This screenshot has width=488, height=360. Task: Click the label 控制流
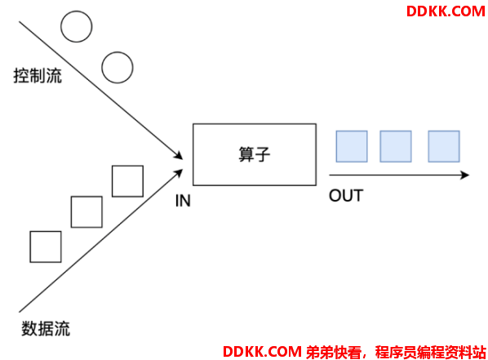(x=38, y=76)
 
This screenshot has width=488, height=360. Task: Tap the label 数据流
(x=46, y=328)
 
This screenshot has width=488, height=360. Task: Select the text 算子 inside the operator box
(x=255, y=154)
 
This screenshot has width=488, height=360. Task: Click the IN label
(x=183, y=201)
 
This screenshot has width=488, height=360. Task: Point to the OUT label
(x=346, y=196)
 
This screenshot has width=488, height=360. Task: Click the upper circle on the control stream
(x=76, y=26)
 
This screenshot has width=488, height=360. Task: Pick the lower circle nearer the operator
(x=118, y=68)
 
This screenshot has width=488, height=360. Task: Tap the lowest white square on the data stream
(x=46, y=247)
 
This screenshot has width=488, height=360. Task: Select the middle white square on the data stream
(x=87, y=211)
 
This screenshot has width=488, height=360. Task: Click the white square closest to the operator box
(x=127, y=181)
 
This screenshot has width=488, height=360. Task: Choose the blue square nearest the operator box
(x=352, y=146)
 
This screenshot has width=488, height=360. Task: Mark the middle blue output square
(x=396, y=146)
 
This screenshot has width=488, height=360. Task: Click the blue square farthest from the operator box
(x=444, y=146)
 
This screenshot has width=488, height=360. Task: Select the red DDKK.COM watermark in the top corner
(x=446, y=11)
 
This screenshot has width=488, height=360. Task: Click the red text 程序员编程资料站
(x=430, y=352)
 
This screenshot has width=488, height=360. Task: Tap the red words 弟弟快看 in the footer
(x=334, y=352)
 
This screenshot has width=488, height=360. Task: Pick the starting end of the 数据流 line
(x=20, y=312)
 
